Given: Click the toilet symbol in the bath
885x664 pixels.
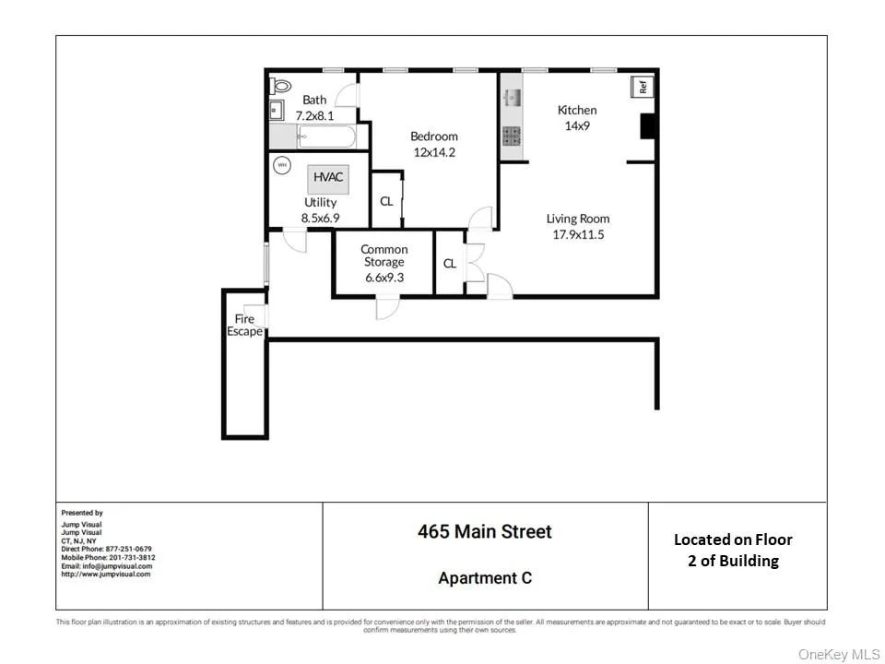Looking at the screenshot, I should click(x=278, y=86).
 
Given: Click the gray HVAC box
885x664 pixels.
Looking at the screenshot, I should click(x=329, y=176).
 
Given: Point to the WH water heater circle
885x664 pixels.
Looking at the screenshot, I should click(x=281, y=166).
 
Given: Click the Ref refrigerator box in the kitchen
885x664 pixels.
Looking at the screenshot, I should click(x=643, y=88).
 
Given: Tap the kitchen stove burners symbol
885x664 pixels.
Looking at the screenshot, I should click(x=512, y=136).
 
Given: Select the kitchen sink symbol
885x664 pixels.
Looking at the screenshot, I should click(x=512, y=96).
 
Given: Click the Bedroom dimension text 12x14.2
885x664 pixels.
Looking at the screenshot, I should click(x=433, y=152).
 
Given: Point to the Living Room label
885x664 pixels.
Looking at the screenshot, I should click(x=578, y=219).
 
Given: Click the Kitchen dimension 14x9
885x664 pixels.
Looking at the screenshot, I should click(x=577, y=125).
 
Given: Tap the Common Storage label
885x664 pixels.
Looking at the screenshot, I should click(x=383, y=255).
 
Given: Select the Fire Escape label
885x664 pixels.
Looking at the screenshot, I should click(x=244, y=326).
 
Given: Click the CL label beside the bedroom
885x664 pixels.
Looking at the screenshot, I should click(x=386, y=201).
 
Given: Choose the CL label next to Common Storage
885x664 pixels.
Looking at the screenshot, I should click(x=450, y=264).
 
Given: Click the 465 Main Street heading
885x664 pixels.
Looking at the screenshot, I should click(x=484, y=532).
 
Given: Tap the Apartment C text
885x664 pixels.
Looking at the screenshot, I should click(x=485, y=578).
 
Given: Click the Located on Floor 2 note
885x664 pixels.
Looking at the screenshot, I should click(x=733, y=550).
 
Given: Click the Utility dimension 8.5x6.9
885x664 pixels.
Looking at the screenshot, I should click(x=320, y=219).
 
